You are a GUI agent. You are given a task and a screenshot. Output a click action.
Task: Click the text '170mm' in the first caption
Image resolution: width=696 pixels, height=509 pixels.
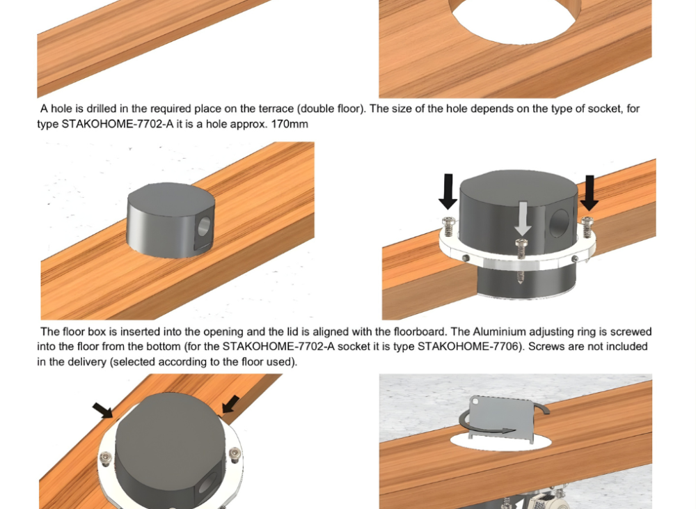tap(290, 124)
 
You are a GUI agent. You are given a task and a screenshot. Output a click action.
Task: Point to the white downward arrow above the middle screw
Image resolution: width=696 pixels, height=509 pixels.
tap(523, 219)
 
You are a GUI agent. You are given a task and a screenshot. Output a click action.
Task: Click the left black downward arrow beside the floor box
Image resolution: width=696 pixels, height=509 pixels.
tap(448, 191)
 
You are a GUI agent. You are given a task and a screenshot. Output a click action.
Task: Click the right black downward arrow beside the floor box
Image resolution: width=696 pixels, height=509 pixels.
tap(590, 193)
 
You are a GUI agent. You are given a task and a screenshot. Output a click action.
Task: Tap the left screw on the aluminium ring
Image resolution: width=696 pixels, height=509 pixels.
tap(449, 227)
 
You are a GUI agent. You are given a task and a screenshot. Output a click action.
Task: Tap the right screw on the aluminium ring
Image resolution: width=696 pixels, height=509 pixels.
tap(587, 226)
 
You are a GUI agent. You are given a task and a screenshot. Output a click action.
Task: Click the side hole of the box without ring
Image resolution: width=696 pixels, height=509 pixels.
tap(204, 226)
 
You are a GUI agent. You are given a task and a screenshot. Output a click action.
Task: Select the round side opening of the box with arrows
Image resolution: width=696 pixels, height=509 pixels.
tap(559, 223)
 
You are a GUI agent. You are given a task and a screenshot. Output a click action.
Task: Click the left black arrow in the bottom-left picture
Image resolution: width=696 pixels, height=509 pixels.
tap(103, 410)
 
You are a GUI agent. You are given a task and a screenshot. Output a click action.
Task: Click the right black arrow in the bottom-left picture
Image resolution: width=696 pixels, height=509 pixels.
tap(230, 404)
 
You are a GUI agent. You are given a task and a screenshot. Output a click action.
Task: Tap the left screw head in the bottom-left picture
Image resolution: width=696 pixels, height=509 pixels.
tap(106, 457)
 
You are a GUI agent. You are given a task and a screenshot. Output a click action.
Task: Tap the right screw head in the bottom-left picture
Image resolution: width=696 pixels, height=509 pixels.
tap(235, 453)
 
